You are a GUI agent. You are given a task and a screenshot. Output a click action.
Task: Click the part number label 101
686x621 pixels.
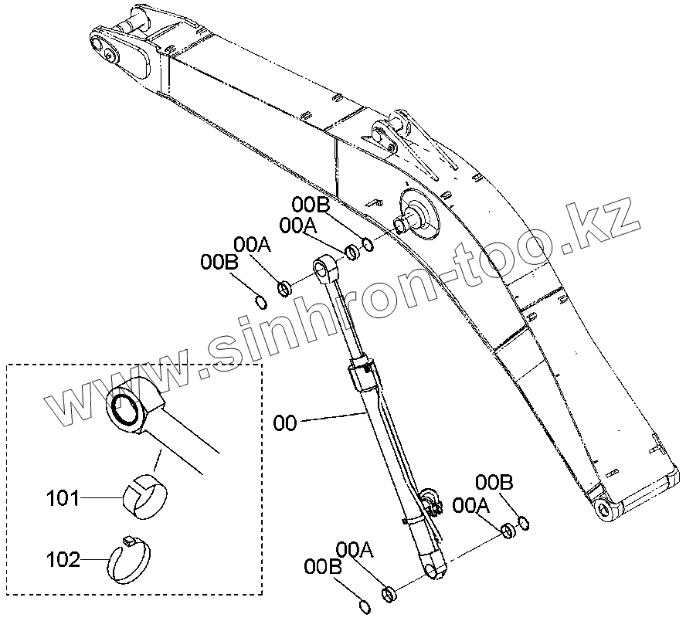point(63,498)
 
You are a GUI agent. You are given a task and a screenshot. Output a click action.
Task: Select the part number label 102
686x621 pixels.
point(63,559)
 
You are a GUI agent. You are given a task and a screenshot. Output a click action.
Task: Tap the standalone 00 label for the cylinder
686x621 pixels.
point(285,423)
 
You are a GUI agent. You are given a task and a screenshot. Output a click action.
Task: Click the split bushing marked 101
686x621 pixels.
point(143,494)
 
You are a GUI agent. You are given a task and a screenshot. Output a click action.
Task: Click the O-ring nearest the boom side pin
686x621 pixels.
point(368,245)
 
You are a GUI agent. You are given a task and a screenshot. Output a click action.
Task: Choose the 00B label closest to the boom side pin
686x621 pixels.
point(311,205)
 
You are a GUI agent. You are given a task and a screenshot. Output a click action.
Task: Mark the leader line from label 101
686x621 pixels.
point(100,499)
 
